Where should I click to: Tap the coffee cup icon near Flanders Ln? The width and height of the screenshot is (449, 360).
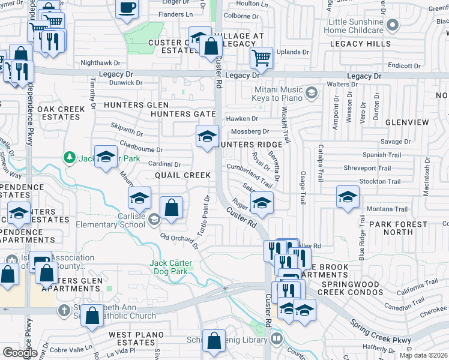pos(127,8)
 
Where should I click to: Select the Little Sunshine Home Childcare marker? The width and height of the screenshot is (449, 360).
pos(393,25)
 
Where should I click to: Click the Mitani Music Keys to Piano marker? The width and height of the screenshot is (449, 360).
pos(312,92)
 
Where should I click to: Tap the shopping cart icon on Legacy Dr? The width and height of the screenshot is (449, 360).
pos(261,58)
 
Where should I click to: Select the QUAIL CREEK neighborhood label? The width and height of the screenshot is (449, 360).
pos(182,175)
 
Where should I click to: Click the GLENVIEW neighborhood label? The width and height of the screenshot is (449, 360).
pos(408,122)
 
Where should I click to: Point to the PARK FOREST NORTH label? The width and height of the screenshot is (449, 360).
pos(399,228)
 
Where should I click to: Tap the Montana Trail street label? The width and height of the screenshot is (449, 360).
pos(387,209)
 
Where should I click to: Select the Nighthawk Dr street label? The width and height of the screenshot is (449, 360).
pos(100,62)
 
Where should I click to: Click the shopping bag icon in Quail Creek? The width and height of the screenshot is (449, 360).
pos(172,207)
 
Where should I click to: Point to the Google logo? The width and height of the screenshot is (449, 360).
pos(19,353)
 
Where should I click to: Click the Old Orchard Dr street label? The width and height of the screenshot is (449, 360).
pos(179,238)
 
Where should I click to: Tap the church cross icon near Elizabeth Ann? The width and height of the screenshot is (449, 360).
pos(64,310)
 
